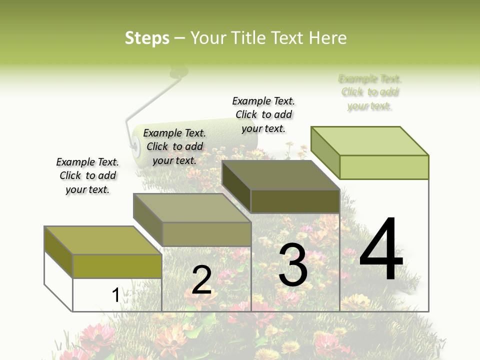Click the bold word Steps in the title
(x=147, y=38)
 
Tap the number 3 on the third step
(x=293, y=265)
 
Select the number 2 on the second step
(x=202, y=280)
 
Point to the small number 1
(x=115, y=295)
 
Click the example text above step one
(x=87, y=175)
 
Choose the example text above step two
(x=174, y=146)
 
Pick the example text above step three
(x=263, y=114)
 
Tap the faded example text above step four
(x=370, y=92)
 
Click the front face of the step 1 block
(x=117, y=266)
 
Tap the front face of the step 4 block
(x=384, y=167)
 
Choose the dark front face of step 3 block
(x=295, y=201)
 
